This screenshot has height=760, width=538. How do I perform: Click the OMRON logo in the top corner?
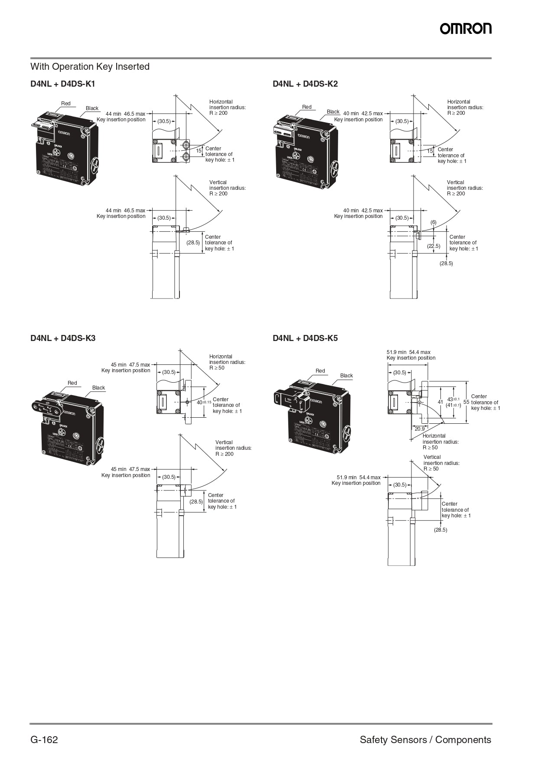tap(466, 29)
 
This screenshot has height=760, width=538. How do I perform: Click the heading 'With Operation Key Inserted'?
tap(90, 67)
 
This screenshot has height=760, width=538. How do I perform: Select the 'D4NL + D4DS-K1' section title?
tap(63, 84)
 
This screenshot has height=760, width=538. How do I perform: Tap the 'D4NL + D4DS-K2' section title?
tap(305, 84)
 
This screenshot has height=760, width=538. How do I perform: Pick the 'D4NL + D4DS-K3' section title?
tap(63, 338)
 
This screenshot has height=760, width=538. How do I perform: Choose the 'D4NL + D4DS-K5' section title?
tap(305, 338)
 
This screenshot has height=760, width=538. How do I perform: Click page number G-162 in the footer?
tap(44, 740)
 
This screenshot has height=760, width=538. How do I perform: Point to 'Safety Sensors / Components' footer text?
tap(425, 740)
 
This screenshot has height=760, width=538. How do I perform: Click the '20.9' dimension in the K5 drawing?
tap(420, 429)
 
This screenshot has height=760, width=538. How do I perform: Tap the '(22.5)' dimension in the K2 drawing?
tap(434, 246)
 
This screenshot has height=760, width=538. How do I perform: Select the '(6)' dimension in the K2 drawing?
tap(434, 222)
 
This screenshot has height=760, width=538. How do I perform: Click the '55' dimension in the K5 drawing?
tap(466, 402)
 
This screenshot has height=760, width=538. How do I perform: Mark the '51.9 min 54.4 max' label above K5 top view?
tap(408, 352)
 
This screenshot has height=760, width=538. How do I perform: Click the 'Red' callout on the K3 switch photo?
tap(72, 383)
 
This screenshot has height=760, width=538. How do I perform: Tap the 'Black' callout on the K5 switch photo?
tap(346, 376)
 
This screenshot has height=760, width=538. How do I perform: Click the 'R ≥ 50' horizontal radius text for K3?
tap(217, 368)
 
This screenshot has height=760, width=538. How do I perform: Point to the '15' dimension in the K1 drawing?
tap(199, 151)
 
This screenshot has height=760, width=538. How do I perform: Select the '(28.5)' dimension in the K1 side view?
tap(193, 243)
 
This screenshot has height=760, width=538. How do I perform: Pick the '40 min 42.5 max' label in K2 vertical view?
tap(363, 211)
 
